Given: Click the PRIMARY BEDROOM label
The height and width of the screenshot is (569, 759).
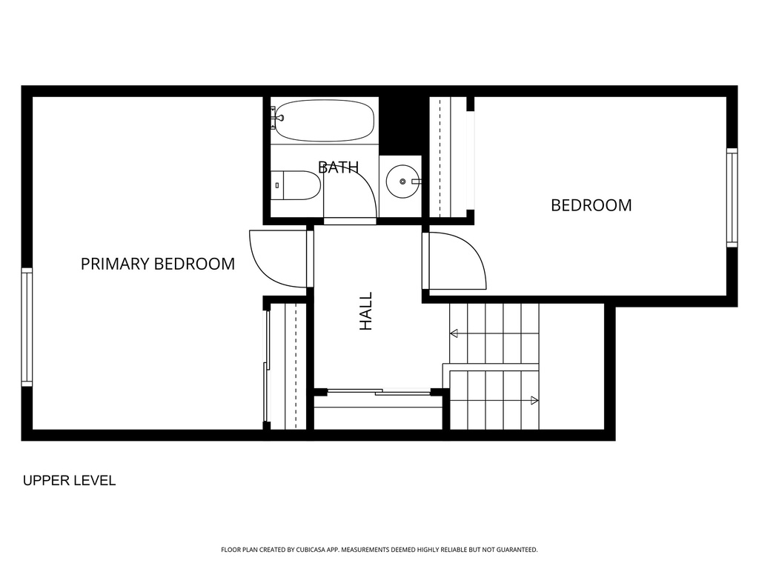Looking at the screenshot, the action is click(158, 264).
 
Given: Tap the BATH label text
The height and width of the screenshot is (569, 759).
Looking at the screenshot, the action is click(338, 167).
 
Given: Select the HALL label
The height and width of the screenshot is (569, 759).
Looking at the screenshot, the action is click(366, 311).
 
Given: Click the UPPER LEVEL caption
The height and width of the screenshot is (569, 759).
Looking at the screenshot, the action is click(69, 480).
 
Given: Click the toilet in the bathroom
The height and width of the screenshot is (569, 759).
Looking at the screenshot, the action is click(295, 184).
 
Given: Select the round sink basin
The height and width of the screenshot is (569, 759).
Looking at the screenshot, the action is click(402, 182).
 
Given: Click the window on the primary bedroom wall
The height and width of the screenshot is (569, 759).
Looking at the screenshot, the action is click(27, 327).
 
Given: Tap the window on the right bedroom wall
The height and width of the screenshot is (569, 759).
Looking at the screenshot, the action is click(732, 197).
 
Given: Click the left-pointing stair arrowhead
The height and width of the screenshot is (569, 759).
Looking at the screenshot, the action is click(454, 333).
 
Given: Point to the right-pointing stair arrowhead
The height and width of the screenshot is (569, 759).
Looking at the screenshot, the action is click(534, 400).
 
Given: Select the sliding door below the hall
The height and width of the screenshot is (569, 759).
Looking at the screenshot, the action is click(379, 391).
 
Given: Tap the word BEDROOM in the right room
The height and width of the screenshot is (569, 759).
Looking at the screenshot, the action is click(591, 205).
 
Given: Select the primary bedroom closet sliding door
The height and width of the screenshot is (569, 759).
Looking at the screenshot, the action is click(266, 366).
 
